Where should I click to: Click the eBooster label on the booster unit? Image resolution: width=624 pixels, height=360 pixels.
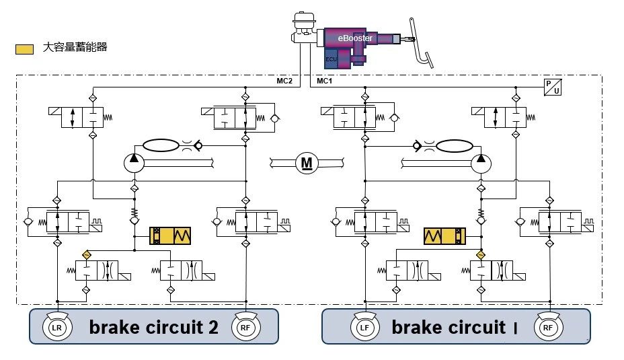click(354, 38)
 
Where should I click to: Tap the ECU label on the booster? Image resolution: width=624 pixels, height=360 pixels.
click(330, 59)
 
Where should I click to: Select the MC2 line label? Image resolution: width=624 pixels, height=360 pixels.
click(284, 81)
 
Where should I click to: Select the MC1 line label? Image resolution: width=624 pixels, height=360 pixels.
click(324, 81)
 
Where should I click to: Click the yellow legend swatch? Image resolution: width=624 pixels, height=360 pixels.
click(25, 49)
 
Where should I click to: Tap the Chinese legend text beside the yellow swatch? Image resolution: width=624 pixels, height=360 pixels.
click(75, 48)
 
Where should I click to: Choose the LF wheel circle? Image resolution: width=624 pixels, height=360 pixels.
click(363, 328)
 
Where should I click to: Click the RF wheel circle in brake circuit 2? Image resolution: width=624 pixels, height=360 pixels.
click(245, 328)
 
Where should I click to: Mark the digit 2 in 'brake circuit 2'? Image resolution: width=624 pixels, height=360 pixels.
click(212, 328)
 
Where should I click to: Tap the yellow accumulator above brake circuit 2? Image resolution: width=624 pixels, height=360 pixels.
click(171, 236)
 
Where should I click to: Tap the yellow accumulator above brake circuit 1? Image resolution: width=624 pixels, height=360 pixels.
click(444, 236)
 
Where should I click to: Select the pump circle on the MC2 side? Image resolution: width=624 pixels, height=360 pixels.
click(134, 161)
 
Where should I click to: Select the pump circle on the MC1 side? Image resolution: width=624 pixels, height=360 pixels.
click(481, 161)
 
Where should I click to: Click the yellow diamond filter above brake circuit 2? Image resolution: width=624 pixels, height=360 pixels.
click(86, 255)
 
